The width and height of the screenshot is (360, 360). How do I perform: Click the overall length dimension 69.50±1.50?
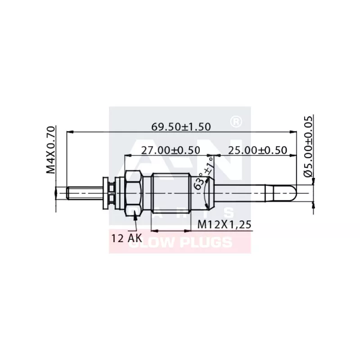[x=181, y=127]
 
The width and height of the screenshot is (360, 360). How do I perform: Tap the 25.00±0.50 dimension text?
[x=257, y=150]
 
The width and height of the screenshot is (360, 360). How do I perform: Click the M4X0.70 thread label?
[x=50, y=149]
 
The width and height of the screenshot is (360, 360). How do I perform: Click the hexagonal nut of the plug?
[x=134, y=192]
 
